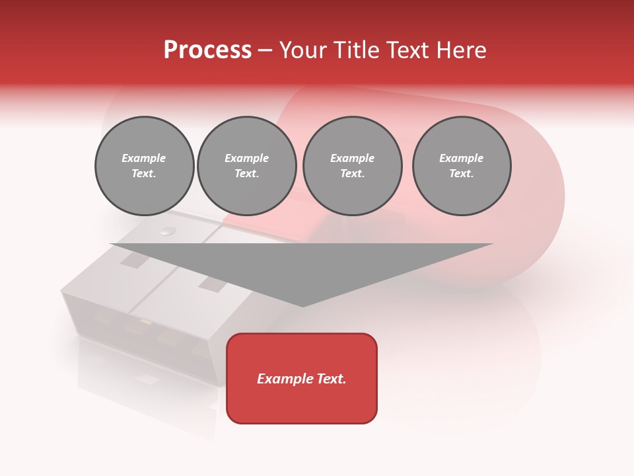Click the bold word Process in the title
[x=207, y=50]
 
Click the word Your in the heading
[x=302, y=50]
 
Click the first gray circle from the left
[x=145, y=166]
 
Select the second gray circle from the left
[x=247, y=166]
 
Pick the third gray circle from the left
[x=353, y=166]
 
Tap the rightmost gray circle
[x=462, y=166]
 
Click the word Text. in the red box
[x=330, y=379]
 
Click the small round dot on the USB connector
[x=168, y=231]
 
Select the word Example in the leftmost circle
[x=144, y=158]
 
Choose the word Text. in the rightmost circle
[x=462, y=174]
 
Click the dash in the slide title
[x=265, y=50]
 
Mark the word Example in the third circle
[x=353, y=158]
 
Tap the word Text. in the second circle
[x=247, y=174]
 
